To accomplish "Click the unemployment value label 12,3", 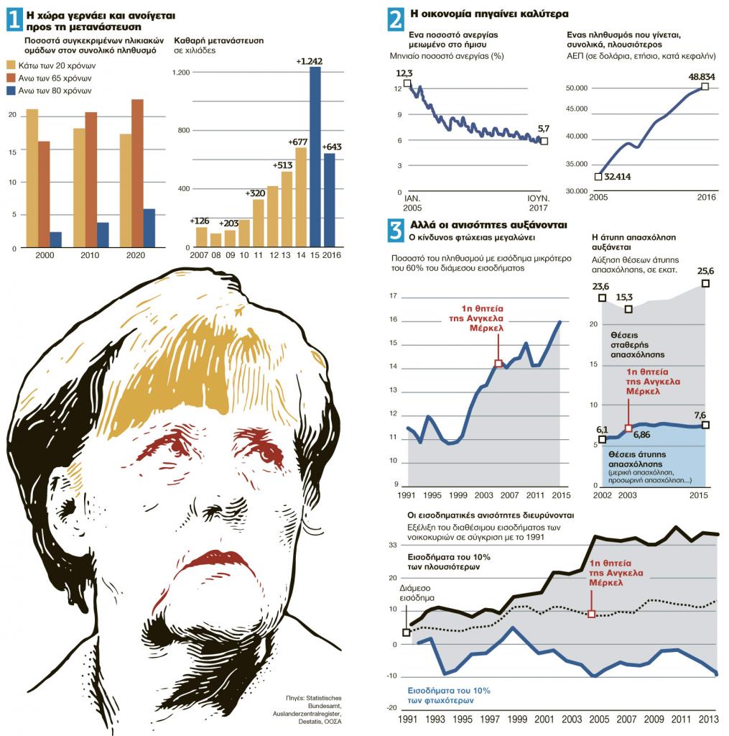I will pyautogui.click(x=404, y=73).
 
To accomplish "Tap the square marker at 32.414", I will pyautogui.click(x=598, y=176).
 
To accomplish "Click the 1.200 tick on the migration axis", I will pyautogui.click(x=180, y=73).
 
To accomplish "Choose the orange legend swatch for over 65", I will pyautogui.click(x=13, y=78).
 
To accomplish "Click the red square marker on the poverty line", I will pyautogui.click(x=498, y=364).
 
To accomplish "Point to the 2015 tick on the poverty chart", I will pyautogui.click(x=561, y=495).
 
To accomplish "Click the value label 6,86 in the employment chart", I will pyautogui.click(x=642, y=435).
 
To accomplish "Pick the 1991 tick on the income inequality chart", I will pyautogui.click(x=406, y=719).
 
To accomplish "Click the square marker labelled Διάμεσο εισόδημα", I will pyautogui.click(x=407, y=632).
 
